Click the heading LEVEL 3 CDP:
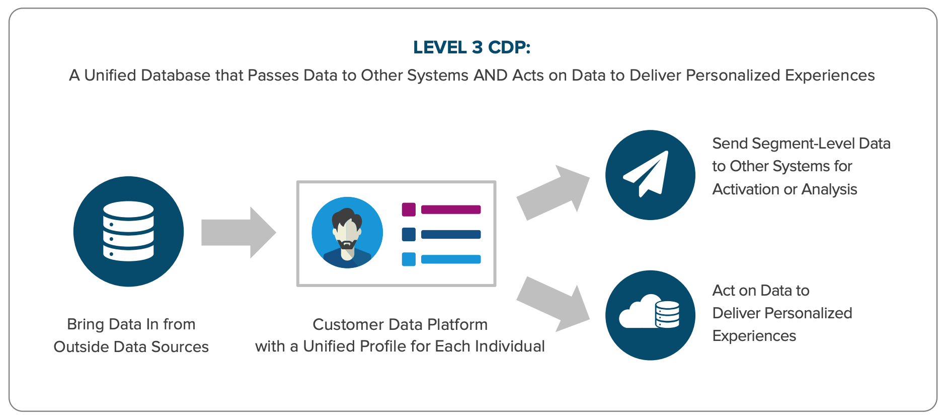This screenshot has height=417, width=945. [471, 47]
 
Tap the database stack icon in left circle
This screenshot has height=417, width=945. [128, 231]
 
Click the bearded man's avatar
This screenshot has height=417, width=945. [347, 232]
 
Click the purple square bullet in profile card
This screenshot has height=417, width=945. [409, 210]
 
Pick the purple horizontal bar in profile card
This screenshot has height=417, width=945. [451, 210]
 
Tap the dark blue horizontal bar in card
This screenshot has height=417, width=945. [451, 234]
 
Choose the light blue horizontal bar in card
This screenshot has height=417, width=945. [451, 259]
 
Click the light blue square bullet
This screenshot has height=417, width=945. [409, 259]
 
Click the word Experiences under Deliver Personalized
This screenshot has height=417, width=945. [754, 336]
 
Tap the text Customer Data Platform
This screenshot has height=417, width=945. [400, 324]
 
